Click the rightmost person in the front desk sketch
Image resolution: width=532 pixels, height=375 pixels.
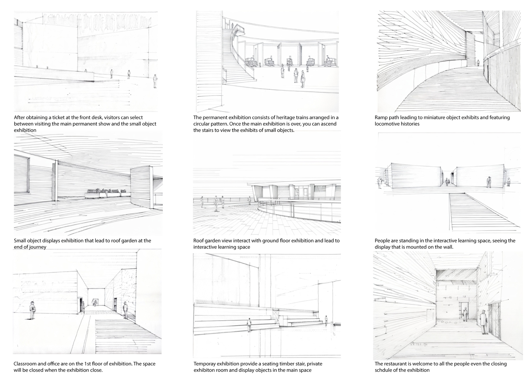[155, 81]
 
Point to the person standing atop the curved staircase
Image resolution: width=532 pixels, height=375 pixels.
[232, 26]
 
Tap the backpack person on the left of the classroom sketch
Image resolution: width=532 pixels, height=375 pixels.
[32, 310]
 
